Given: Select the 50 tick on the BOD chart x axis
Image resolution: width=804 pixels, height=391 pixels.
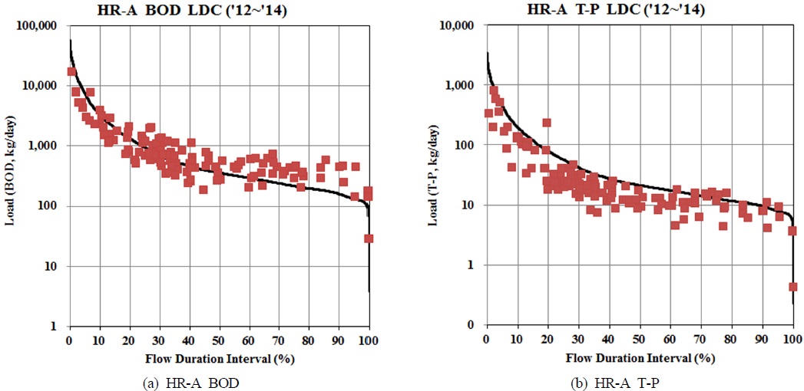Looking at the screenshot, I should tap(219, 340).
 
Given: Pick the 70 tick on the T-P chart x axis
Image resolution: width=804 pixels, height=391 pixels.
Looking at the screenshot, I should tap(700, 340).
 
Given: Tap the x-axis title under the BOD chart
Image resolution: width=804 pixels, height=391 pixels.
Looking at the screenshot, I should tap(219, 357).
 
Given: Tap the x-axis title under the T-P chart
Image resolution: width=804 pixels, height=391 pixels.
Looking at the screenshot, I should tap(639, 357).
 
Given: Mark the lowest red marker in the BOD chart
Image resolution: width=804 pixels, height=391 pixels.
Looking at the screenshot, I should tap(369, 238).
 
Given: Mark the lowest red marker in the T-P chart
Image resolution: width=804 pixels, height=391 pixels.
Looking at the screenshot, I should tap(792, 287).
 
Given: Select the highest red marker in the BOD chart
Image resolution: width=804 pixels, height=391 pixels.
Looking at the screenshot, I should tap(71, 72).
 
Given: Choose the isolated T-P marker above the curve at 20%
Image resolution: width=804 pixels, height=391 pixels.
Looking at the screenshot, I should tap(547, 123).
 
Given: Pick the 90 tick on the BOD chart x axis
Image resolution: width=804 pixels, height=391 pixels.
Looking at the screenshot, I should tap(339, 340).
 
